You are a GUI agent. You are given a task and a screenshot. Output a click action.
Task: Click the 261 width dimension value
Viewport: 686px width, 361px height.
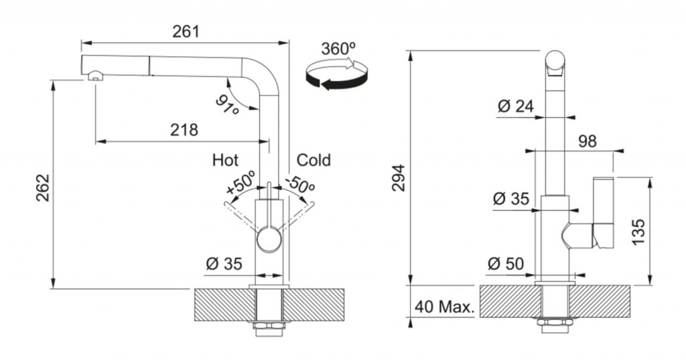[x=186, y=31]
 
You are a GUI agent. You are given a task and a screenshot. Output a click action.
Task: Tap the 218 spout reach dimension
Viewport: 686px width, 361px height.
[x=184, y=130]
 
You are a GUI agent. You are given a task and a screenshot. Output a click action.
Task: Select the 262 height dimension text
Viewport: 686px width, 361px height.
[x=43, y=188]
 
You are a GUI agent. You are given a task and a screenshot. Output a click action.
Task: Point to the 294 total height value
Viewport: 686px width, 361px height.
[x=399, y=177]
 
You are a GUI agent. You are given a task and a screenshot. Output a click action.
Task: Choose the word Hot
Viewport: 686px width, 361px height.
[x=225, y=160]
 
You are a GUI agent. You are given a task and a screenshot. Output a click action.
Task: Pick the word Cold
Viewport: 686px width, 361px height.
[x=314, y=160]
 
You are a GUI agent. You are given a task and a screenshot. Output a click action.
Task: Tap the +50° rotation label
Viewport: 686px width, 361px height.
[x=241, y=183]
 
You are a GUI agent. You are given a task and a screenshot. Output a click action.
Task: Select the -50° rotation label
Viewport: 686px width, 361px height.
[x=299, y=183]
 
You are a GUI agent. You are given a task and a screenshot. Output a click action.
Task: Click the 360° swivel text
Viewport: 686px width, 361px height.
[x=338, y=49]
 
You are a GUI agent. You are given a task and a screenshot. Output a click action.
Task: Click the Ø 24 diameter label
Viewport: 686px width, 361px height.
[x=517, y=106]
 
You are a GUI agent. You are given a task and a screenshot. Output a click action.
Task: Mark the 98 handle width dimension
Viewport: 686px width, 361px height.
[x=588, y=141]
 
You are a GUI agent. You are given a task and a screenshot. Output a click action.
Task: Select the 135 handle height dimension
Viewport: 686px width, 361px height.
[x=638, y=232]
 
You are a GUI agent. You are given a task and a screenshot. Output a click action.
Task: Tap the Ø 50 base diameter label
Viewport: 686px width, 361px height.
[x=506, y=264]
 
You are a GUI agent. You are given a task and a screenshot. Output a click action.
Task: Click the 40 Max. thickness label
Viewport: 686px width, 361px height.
[x=444, y=307]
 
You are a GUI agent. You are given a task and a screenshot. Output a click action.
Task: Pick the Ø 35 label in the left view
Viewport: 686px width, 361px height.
[x=224, y=264]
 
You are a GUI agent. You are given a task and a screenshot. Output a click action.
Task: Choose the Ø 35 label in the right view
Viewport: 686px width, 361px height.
[x=511, y=199]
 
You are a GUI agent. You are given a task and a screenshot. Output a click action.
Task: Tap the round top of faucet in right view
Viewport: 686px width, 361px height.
[x=555, y=61]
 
